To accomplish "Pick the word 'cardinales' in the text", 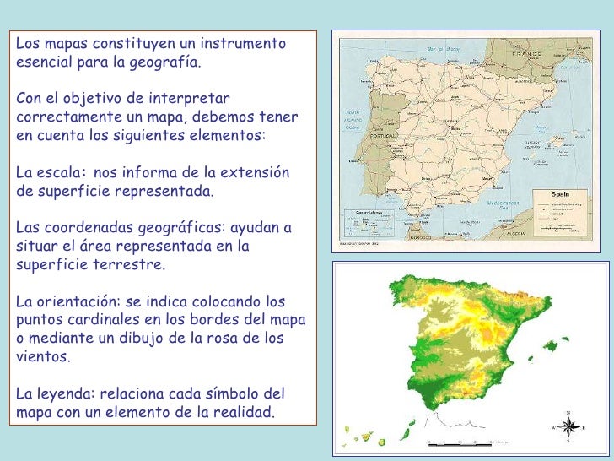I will tap(121, 320).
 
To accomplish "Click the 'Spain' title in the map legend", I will tap(563, 193).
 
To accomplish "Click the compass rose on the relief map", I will tap(567, 426).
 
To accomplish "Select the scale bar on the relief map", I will tap(460, 441).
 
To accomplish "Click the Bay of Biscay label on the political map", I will tap(435, 51).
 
